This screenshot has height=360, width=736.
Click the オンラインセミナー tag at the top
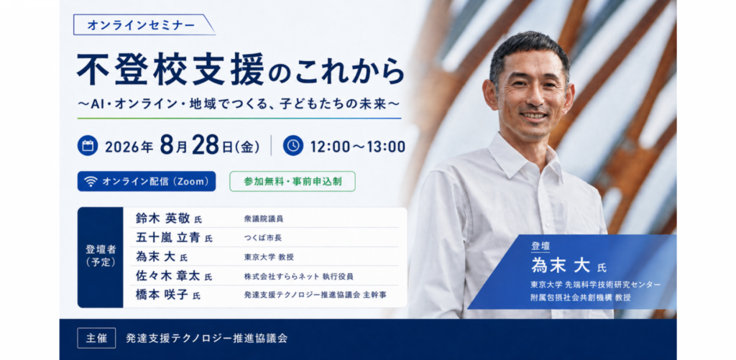tap(144, 25)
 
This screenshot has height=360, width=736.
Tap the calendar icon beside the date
tap(87, 145)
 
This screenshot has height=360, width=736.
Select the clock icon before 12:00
tap(293, 145)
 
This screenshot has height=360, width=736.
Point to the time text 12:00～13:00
tap(358, 147)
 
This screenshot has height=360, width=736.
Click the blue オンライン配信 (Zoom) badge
tap(147, 181)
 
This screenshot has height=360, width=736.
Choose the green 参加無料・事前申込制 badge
tap(293, 181)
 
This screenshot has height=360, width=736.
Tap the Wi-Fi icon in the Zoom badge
tap(91, 182)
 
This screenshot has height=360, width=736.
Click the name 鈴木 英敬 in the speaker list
tap(163, 218)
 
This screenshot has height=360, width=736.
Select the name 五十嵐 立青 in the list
tap(168, 238)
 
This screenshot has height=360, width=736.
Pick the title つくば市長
tap(263, 238)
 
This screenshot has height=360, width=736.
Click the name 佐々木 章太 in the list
tap(168, 276)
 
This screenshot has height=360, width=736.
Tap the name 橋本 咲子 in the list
tap(162, 295)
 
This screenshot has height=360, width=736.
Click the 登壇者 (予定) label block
tap(101, 257)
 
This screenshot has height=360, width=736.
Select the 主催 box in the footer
tap(97, 338)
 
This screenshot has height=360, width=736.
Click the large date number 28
tap(206, 145)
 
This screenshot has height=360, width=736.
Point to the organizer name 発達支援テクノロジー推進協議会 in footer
tap(206, 338)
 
